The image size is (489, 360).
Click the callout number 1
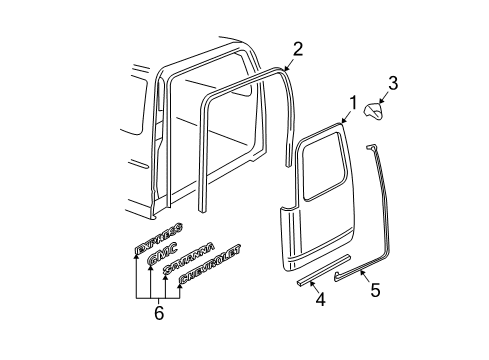[351, 102]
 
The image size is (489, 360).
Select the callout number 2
[297, 49]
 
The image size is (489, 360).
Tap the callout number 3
[393, 84]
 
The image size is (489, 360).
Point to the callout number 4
[320, 298]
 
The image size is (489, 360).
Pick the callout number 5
[375, 291]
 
